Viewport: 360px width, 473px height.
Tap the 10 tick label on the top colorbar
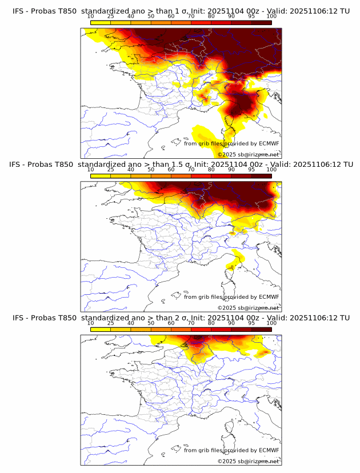pyautogui.click(x=91, y=17)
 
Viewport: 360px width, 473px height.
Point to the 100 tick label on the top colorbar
pyautogui.click(x=271, y=17)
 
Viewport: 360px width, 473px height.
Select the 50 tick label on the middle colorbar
pyautogui.click(x=151, y=170)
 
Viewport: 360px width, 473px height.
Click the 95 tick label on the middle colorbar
pyautogui.click(x=251, y=170)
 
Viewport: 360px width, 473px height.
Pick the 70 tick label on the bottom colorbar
pyautogui.click(x=191, y=323)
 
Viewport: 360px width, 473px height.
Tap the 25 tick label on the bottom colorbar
pyautogui.click(x=111, y=323)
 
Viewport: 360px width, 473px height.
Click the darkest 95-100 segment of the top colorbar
pyautogui.click(x=261, y=22)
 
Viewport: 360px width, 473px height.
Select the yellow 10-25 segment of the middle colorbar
pyautogui.click(x=101, y=175)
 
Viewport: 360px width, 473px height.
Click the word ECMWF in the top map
pyautogui.click(x=269, y=144)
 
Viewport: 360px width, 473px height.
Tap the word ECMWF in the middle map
pyautogui.click(x=269, y=297)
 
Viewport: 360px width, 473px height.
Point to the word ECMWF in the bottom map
pyautogui.click(x=269, y=450)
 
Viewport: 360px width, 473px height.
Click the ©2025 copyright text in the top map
pyautogui.click(x=227, y=154)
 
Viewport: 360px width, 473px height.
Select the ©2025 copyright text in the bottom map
pyautogui.click(x=227, y=461)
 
